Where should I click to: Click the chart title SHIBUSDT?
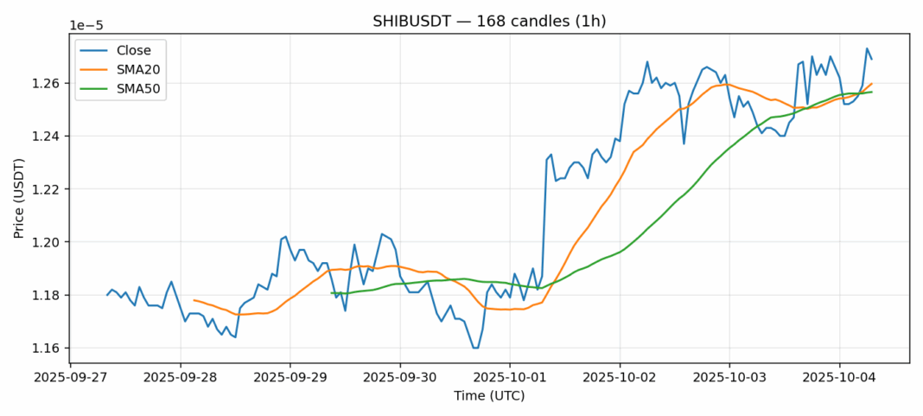489,22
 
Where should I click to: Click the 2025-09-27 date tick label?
71,378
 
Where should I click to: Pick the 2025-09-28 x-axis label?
181,378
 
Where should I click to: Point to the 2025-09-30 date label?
400,378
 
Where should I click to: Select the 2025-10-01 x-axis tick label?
510,378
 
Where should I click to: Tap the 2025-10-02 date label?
620,378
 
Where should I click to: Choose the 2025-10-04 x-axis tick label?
839,378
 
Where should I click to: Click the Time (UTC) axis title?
489,396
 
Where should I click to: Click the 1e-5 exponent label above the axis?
84,26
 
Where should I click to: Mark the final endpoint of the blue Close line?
872,59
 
